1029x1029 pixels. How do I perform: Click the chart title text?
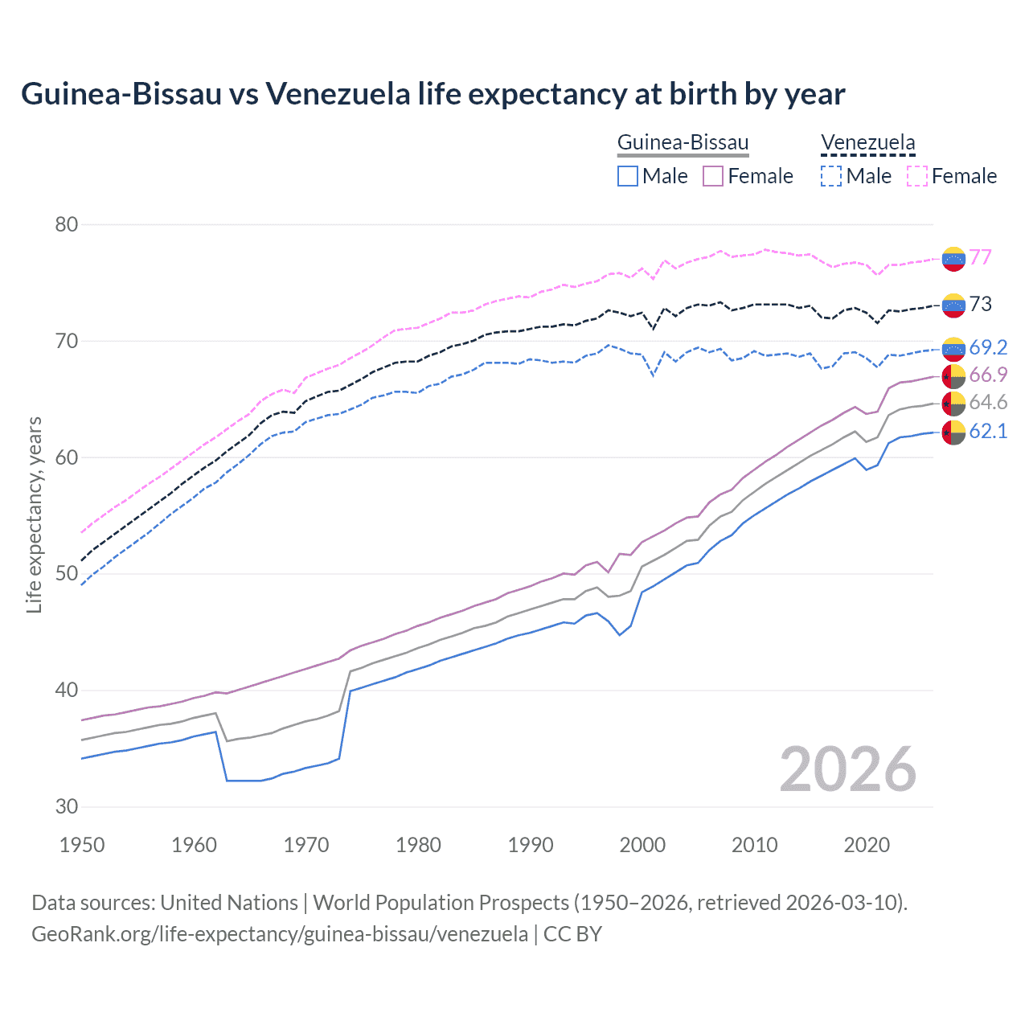433,94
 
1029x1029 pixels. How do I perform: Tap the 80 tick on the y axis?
66,224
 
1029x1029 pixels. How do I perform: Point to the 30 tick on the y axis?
66,806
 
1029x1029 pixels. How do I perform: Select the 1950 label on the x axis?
82,845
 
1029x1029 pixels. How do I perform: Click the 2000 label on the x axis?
642,845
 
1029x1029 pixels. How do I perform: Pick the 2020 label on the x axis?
867,845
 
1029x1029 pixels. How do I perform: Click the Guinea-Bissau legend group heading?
683,142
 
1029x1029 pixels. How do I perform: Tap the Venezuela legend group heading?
867,142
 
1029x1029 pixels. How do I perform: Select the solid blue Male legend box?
628,176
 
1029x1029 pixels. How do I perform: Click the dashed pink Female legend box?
917,176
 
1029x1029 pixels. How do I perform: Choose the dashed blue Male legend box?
831,176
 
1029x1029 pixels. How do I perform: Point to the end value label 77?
980,257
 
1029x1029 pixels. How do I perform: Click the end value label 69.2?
988,347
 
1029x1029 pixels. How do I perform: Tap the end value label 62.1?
988,432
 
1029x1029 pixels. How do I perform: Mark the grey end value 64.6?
988,403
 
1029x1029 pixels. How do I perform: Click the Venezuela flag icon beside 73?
953,305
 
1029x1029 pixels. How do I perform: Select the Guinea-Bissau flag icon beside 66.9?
953,376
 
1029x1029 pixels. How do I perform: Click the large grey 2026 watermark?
848,769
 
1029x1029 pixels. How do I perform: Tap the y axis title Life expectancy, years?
34,514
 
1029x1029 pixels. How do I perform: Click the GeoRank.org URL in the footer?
279,934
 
